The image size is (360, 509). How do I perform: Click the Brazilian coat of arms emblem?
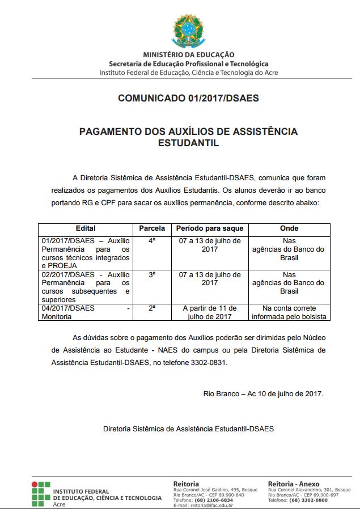pyautogui.click(x=188, y=31)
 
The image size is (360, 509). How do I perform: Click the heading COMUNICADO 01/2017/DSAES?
pyautogui.click(x=188, y=98)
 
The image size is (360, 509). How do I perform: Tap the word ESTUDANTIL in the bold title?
pyautogui.click(x=188, y=143)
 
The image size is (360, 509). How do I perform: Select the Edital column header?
pyautogui.click(x=86, y=228)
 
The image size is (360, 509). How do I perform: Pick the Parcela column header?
pyautogui.click(x=152, y=228)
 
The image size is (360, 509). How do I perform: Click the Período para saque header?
pyautogui.click(x=210, y=228)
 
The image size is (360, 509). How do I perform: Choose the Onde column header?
pyautogui.click(x=289, y=228)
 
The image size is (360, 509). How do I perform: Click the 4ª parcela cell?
pyautogui.click(x=152, y=241)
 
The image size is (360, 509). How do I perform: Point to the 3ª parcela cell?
pyautogui.click(x=152, y=274)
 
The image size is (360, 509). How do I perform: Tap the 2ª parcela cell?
pyautogui.click(x=152, y=308)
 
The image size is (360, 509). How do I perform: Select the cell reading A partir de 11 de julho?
pyautogui.click(x=210, y=312)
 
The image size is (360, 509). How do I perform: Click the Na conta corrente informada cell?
pyautogui.click(x=289, y=312)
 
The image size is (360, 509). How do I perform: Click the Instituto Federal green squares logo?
pyautogui.click(x=40, y=493)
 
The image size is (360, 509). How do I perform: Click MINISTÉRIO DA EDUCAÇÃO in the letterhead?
pyautogui.click(x=188, y=55)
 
